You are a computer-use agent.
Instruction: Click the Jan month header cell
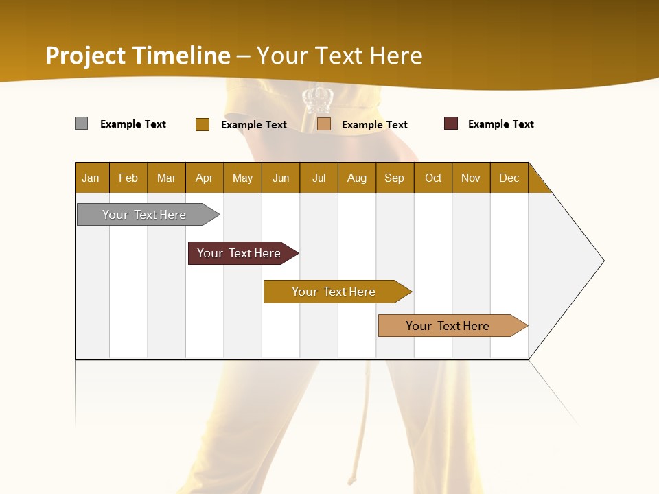pyautogui.click(x=91, y=178)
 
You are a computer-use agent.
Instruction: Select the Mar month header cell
pyautogui.click(x=166, y=178)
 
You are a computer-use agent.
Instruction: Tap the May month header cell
pyautogui.click(x=242, y=178)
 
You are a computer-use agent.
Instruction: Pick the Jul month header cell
pyautogui.click(x=319, y=178)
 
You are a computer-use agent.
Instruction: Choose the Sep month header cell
pyautogui.click(x=394, y=178)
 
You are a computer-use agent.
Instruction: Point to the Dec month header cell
pyautogui.click(x=509, y=178)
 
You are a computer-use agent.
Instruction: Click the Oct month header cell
pyautogui.click(x=433, y=178)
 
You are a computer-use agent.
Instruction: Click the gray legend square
pyautogui.click(x=82, y=123)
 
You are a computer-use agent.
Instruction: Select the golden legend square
pyautogui.click(x=203, y=124)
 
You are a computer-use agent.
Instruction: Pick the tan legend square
pyautogui.click(x=324, y=123)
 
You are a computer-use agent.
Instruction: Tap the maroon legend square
pyautogui.click(x=451, y=123)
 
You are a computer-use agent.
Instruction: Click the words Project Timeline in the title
pyautogui.click(x=137, y=56)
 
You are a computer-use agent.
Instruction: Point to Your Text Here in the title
pyautogui.click(x=340, y=56)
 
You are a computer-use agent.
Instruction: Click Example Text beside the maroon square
pyautogui.click(x=500, y=124)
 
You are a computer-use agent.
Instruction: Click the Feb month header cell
pyautogui.click(x=128, y=178)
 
